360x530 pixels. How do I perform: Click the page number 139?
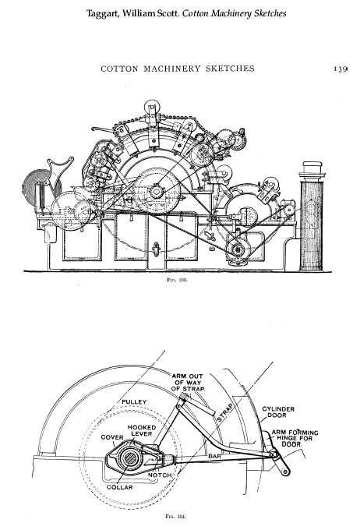[x=341, y=69]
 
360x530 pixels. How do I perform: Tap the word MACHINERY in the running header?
[x=171, y=69]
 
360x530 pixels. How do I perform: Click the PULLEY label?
[x=134, y=402]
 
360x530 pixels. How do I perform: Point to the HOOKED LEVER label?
[x=142, y=430]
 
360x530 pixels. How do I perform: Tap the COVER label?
[x=112, y=437]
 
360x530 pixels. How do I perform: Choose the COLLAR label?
[x=120, y=487]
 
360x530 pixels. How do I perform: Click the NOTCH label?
[x=160, y=475]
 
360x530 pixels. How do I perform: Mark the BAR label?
[x=214, y=457]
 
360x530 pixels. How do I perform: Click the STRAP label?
[x=225, y=412]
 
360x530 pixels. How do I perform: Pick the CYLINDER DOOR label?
[x=278, y=412]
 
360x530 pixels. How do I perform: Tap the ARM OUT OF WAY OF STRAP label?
[x=188, y=382]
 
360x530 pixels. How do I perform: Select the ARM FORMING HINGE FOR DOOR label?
[x=295, y=438]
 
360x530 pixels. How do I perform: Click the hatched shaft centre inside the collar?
[x=130, y=458]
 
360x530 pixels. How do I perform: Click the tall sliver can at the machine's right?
[x=312, y=217]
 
